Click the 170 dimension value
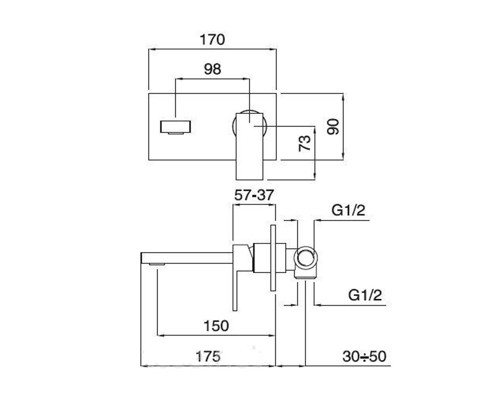tap(212, 40)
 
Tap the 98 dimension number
tap(212, 69)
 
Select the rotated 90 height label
tap(333, 126)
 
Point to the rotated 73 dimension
tap(305, 143)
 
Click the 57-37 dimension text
tap(254, 195)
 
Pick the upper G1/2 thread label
tap(348, 210)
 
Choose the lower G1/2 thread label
tap(365, 295)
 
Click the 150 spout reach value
tap(216, 326)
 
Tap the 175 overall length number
tap(208, 356)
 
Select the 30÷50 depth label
tap(364, 356)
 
